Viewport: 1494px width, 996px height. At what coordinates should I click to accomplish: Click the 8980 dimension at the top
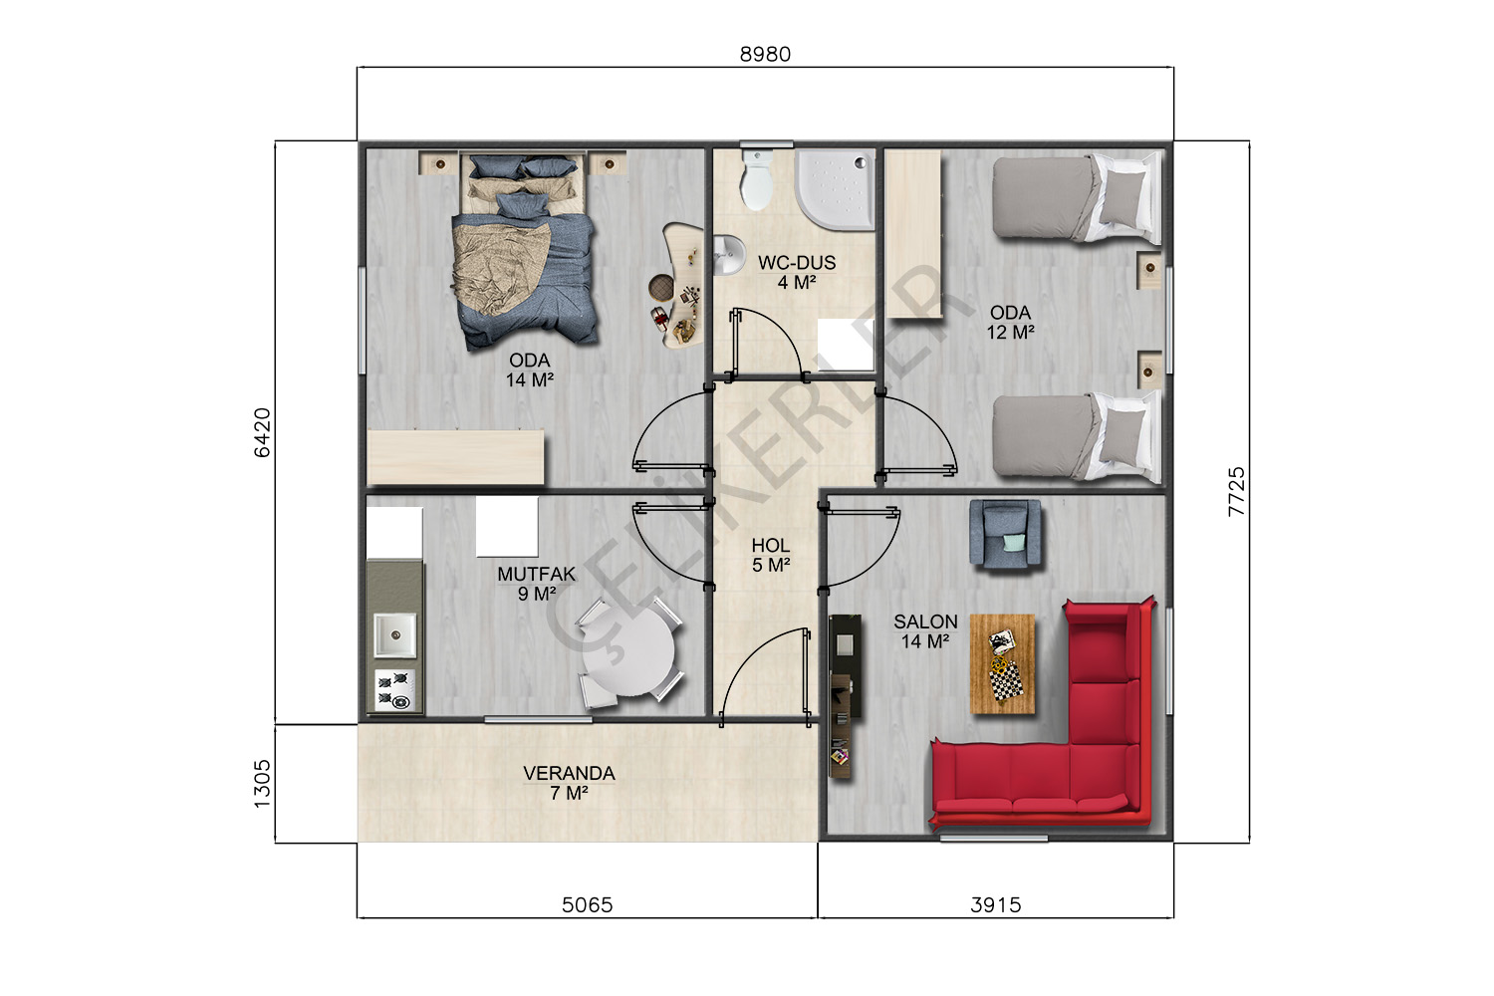point(765,54)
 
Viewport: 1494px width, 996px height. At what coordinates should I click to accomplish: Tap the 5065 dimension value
point(587,905)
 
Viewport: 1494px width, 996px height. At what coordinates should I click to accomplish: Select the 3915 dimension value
point(996,905)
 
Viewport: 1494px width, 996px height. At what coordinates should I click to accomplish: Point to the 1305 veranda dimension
point(263,783)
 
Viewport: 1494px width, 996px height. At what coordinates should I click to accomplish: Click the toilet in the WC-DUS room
point(757,179)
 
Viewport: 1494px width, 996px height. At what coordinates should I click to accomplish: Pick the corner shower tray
point(835,189)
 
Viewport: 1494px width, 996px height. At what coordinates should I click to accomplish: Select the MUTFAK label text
point(536,575)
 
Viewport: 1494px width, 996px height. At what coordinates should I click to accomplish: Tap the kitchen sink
point(394,635)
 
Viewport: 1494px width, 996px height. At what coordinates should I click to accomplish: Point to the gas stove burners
point(394,690)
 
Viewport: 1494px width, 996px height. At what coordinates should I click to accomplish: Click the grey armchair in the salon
point(1005,535)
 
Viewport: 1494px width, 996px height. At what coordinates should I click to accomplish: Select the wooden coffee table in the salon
point(1002,663)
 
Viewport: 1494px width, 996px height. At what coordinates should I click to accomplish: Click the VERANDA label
point(569,774)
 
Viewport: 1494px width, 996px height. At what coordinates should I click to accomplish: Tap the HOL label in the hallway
point(771,546)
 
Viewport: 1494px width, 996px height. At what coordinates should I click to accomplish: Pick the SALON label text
point(925,622)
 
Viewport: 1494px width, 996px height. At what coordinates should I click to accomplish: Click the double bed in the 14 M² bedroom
point(524,250)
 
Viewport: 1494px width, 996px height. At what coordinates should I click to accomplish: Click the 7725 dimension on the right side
point(1236,492)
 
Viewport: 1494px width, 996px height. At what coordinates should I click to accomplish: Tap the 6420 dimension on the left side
point(263,433)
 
